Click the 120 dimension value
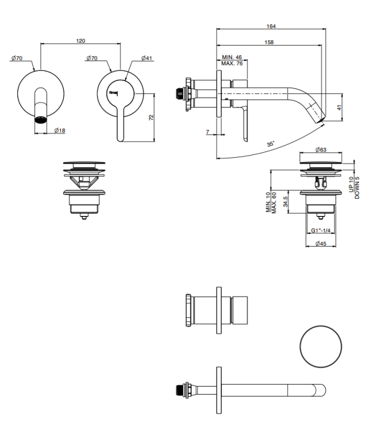[80, 41]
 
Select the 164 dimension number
[271, 26]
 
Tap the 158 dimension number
[269, 42]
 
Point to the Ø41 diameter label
[147, 58]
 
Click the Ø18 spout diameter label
[60, 130]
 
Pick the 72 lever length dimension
[151, 118]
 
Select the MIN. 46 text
[232, 57]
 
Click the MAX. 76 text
[232, 63]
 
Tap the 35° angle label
[271, 144]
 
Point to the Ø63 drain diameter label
[321, 150]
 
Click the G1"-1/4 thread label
[321, 230]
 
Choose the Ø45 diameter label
[321, 244]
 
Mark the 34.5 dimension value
[285, 202]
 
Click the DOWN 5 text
[357, 188]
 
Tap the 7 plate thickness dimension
[208, 132]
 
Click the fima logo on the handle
[113, 93]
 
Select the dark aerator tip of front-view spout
[41, 120]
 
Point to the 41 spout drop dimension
[339, 108]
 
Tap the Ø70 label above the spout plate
[17, 58]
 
